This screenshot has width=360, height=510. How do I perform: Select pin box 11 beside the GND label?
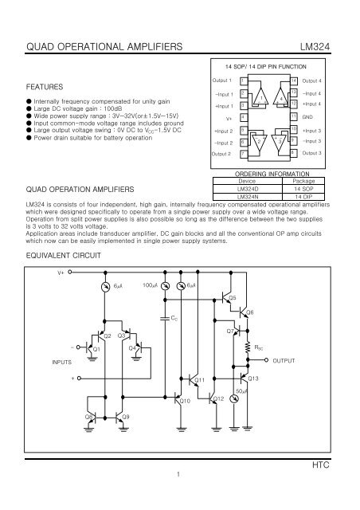coord(293,116)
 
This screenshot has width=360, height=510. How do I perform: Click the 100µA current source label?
coord(150,284)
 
